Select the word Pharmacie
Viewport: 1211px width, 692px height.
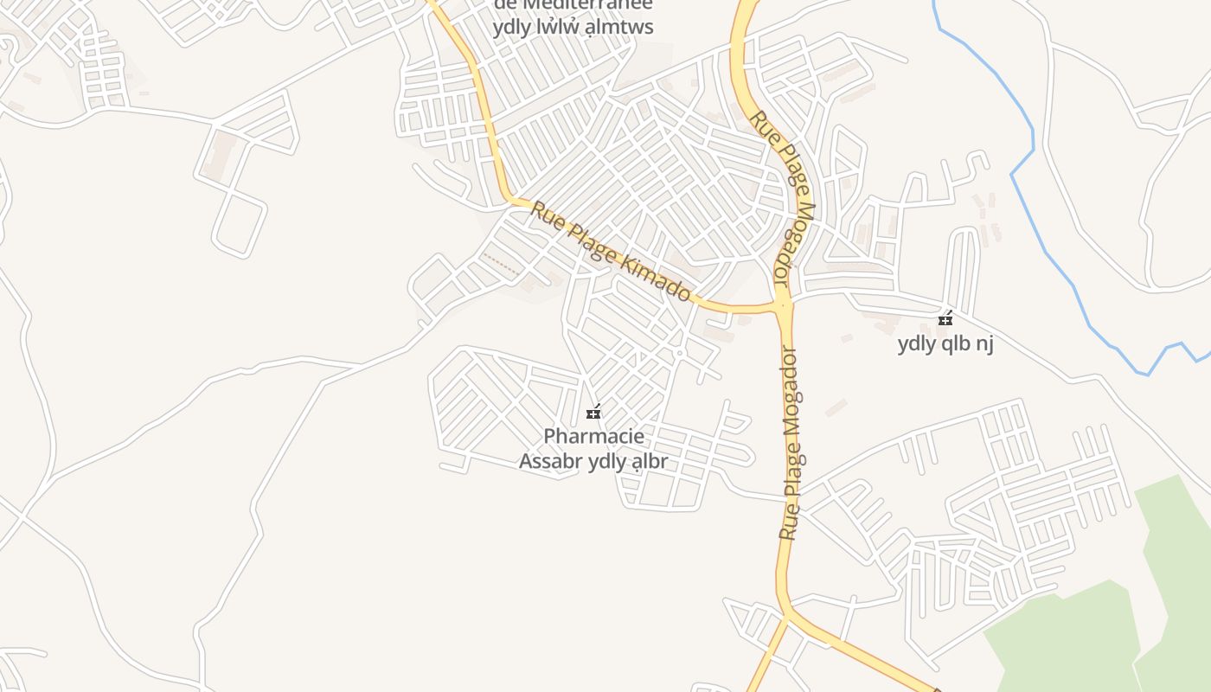coord(593,437)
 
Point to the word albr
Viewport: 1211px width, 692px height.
coord(649,461)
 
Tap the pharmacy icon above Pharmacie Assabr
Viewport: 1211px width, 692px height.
coord(593,412)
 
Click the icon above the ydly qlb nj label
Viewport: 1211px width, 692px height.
coord(945,318)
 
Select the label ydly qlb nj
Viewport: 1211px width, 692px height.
coord(945,343)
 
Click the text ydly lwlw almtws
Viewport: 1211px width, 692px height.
coord(573,27)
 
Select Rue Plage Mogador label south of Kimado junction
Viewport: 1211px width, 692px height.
coord(788,443)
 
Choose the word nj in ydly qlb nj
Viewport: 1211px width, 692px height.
coord(984,343)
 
